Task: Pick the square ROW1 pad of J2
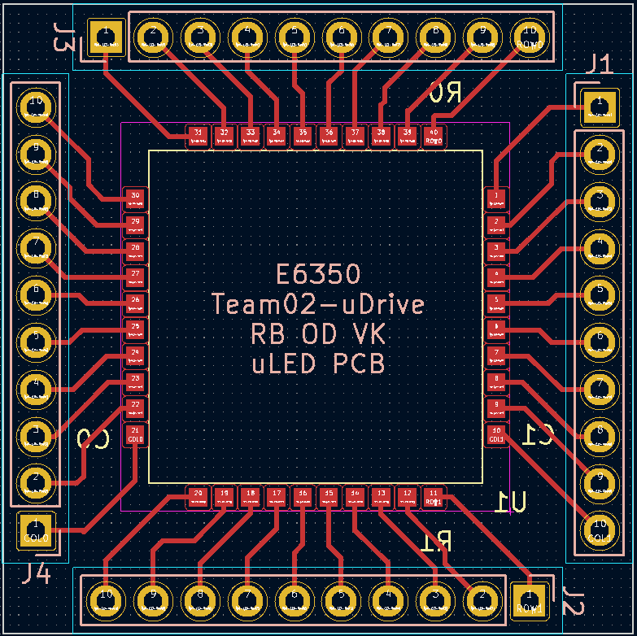(529, 600)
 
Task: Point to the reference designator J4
(36, 574)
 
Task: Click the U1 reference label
(514, 502)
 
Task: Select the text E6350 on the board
(317, 274)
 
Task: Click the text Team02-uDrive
(317, 304)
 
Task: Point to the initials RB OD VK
(317, 334)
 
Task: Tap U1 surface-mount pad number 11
(434, 496)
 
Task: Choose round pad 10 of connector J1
(600, 529)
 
